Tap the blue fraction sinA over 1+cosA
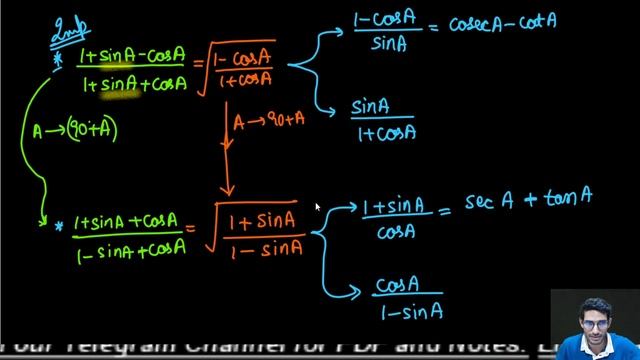pyautogui.click(x=384, y=118)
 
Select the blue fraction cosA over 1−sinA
pyautogui.click(x=408, y=296)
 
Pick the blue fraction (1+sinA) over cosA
pyautogui.click(x=394, y=218)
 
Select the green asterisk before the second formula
pyautogui.click(x=59, y=228)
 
